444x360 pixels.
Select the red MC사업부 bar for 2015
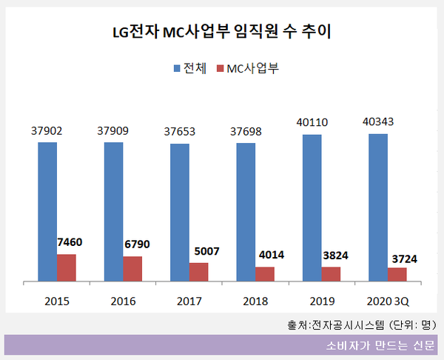point(67,267)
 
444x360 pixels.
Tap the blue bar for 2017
point(180,212)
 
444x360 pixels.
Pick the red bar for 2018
point(265,274)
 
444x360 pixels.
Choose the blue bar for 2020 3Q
point(378,207)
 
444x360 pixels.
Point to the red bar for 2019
point(331,274)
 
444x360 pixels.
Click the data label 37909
point(112,130)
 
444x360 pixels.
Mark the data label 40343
point(378,121)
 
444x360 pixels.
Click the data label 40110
point(312,122)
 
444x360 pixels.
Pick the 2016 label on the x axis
point(123,301)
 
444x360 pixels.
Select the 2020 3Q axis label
point(387,301)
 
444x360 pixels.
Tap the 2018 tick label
point(255,301)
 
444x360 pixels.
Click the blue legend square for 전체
point(178,69)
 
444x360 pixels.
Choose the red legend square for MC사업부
point(220,69)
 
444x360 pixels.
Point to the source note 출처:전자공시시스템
point(362,324)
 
